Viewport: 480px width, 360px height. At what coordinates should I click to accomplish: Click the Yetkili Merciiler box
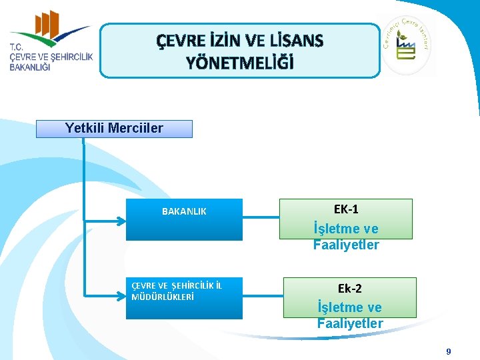(x=114, y=129)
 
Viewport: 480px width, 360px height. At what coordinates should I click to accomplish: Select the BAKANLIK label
(x=184, y=211)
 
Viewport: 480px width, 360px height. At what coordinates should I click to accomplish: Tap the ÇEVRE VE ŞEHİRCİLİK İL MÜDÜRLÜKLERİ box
(x=184, y=298)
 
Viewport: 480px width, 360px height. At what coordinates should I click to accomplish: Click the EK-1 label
(x=345, y=209)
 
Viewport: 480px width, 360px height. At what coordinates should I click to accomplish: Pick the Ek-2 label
(x=349, y=288)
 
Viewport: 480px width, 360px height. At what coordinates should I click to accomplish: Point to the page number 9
(x=449, y=351)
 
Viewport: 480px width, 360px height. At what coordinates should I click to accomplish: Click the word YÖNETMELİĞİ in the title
(x=239, y=63)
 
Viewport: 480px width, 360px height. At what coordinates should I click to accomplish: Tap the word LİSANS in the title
(x=299, y=41)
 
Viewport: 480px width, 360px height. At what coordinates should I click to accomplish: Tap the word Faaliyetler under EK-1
(x=346, y=245)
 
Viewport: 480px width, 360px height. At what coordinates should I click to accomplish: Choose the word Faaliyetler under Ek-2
(x=350, y=323)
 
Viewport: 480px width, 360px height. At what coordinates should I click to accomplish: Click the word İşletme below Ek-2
(x=350, y=307)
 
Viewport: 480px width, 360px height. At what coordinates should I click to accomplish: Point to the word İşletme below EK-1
(x=346, y=228)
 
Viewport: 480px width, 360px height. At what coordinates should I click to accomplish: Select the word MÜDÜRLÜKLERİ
(x=163, y=297)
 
